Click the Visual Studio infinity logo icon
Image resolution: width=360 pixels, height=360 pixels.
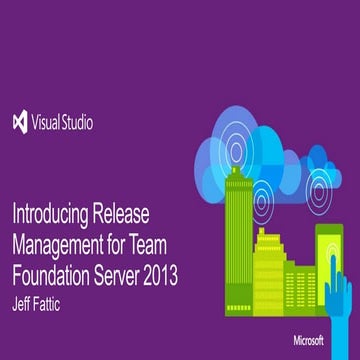coord(20,124)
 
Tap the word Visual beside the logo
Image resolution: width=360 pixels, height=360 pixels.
coord(49,124)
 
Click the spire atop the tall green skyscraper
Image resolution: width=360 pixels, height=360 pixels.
coord(238,160)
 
